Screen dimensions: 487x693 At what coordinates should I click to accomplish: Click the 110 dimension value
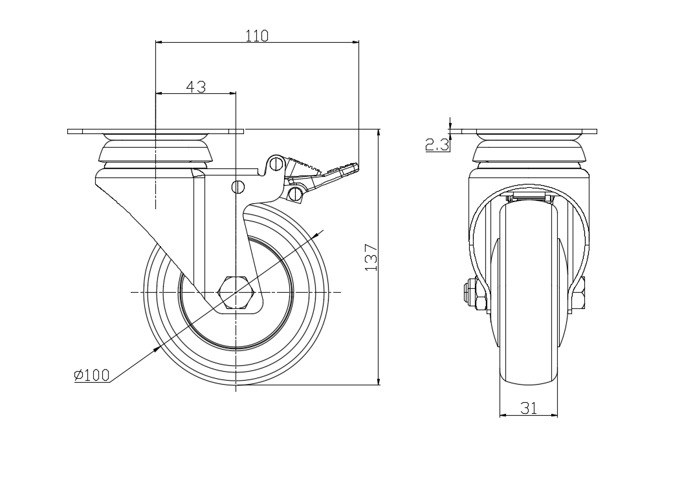coord(257,36)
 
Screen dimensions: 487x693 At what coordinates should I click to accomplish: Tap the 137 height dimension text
coord(370,257)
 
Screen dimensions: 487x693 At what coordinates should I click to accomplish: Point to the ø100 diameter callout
coord(91,375)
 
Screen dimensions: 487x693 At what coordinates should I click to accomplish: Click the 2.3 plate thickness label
coord(437,144)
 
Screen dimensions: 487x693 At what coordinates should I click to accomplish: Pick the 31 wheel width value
coord(529,408)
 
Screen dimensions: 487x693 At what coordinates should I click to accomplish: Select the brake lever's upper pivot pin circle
coord(276,163)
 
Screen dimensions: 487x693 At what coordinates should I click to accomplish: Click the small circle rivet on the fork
coord(237,187)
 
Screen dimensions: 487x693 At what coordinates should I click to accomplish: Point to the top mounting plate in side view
coord(155,131)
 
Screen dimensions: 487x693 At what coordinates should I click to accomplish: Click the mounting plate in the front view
coord(529,131)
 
